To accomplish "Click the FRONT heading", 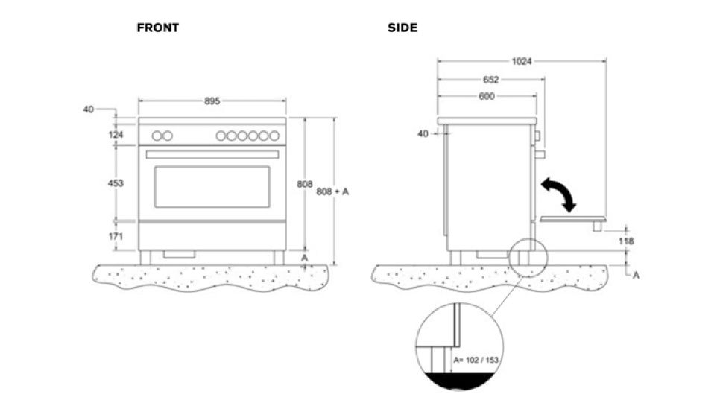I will (157, 28).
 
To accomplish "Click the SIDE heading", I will (402, 28).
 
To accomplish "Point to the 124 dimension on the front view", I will (116, 135).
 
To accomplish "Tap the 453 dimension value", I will (116, 183).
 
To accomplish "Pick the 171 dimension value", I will (116, 235).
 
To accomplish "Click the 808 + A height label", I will (333, 191).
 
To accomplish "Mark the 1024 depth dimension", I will (522, 62).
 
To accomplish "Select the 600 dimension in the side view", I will (486, 96).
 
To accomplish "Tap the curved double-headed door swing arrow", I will (559, 194).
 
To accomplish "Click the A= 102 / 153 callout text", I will (476, 361).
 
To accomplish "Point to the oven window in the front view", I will (212, 186).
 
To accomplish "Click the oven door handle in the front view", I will (212, 154).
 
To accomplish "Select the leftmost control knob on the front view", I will (157, 136).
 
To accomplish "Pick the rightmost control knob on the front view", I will (274, 136).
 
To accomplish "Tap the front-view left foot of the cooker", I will (145, 257).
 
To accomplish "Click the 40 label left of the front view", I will (89, 110).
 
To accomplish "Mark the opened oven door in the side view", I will (572, 218).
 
